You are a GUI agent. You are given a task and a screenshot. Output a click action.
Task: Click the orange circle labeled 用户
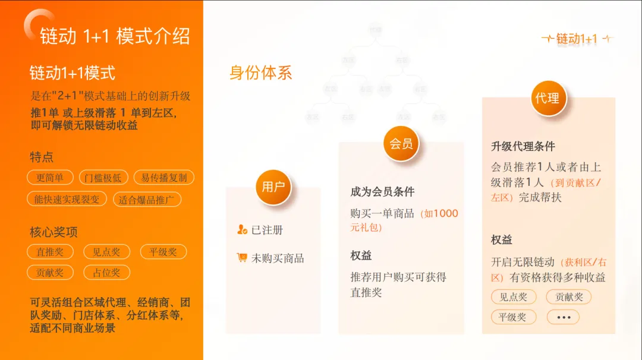click(x=273, y=187)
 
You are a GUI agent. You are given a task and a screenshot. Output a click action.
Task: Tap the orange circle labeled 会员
click(x=401, y=143)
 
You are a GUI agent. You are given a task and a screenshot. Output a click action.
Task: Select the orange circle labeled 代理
click(x=547, y=98)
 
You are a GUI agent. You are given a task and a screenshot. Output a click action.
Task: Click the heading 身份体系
click(x=261, y=73)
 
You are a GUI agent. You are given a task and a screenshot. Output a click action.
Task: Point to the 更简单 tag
click(x=50, y=178)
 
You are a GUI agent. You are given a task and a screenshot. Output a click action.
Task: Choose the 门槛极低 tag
click(x=103, y=178)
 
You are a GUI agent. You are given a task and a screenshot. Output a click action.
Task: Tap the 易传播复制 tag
click(x=163, y=178)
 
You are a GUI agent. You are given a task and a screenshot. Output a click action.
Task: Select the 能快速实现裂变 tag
click(x=67, y=200)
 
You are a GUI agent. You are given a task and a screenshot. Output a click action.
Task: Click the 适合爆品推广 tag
click(x=147, y=200)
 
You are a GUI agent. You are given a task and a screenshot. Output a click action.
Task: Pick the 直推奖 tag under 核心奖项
click(x=50, y=252)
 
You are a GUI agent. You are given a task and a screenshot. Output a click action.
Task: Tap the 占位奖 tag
click(x=106, y=273)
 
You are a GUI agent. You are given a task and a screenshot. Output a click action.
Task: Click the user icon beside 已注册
click(x=242, y=230)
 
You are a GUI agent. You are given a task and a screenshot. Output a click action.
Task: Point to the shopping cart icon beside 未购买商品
click(x=242, y=258)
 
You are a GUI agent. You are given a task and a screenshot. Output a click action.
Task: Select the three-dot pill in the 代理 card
click(x=563, y=317)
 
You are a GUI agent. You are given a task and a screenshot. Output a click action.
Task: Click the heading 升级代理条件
click(x=523, y=146)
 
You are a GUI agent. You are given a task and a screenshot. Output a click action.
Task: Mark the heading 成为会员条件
click(x=382, y=192)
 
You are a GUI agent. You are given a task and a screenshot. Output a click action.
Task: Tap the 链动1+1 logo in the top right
click(x=577, y=39)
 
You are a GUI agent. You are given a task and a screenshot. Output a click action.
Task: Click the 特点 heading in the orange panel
click(x=42, y=157)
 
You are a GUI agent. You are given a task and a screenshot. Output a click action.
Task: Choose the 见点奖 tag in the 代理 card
click(x=513, y=297)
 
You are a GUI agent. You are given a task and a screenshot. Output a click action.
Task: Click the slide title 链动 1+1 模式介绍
click(x=115, y=36)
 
